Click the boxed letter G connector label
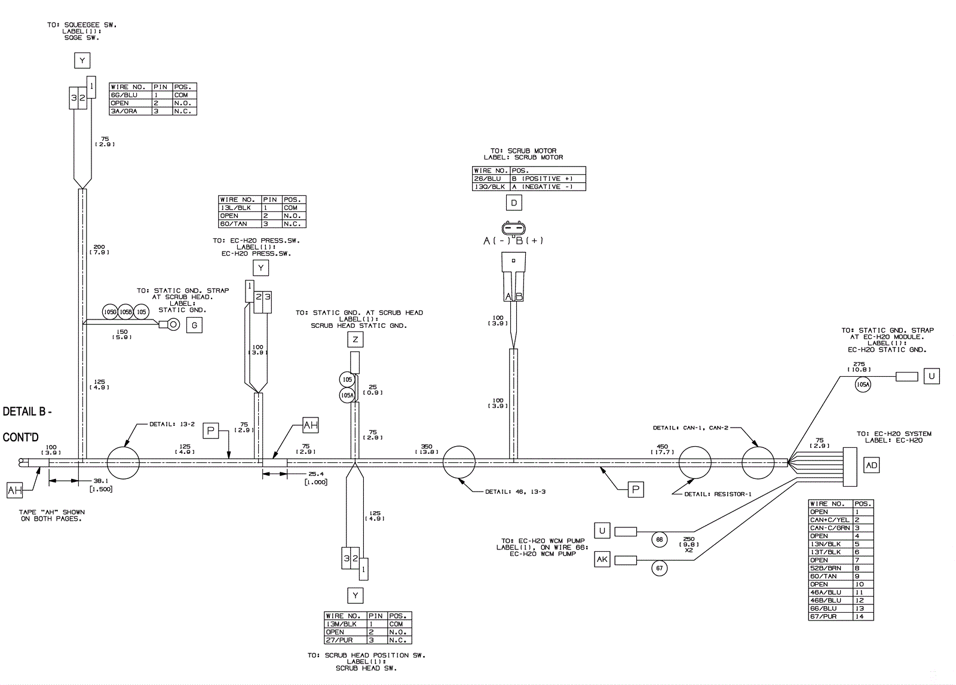click(x=194, y=325)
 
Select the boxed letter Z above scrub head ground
click(x=355, y=340)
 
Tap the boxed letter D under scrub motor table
click(x=514, y=203)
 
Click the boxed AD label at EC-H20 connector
click(x=871, y=465)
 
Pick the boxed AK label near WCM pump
click(x=602, y=560)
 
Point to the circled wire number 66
click(x=660, y=539)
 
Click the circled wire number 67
click(x=660, y=568)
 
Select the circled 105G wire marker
click(x=110, y=312)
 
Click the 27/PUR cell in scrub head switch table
click(x=345, y=640)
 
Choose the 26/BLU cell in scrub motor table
click(x=491, y=179)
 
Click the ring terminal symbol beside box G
click(x=173, y=325)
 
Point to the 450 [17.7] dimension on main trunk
click(x=662, y=449)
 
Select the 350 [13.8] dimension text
click(x=427, y=449)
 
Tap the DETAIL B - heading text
click(x=27, y=411)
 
